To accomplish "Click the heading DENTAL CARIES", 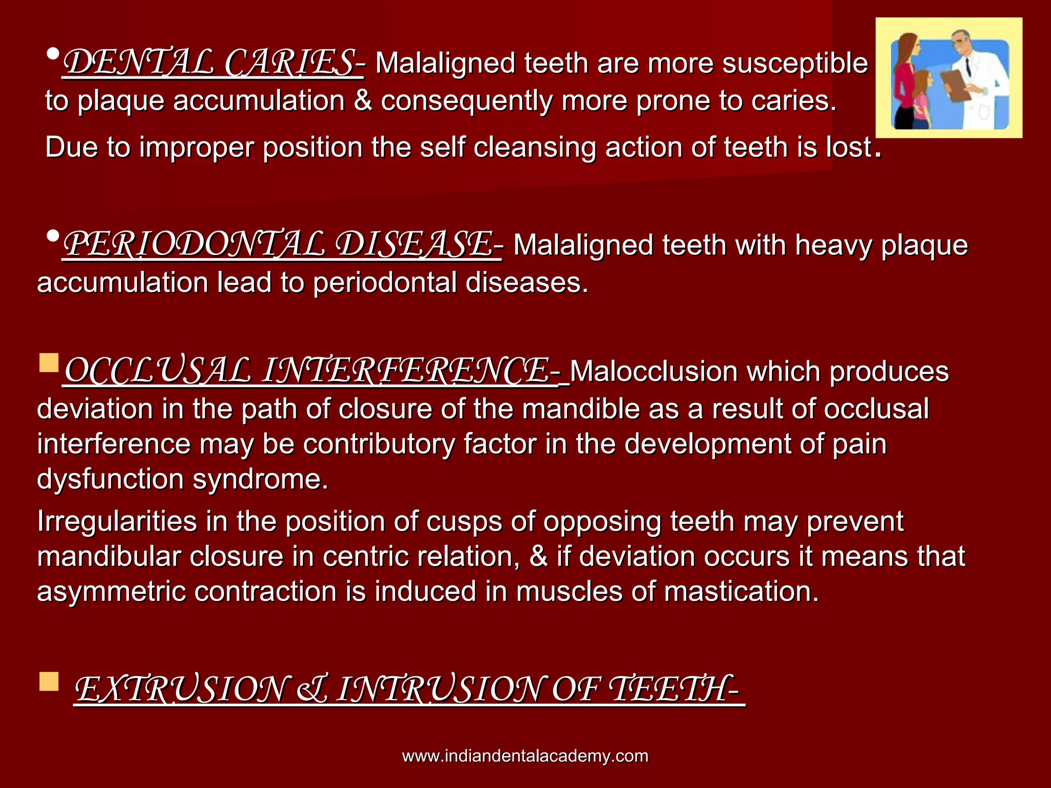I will pyautogui.click(x=212, y=63).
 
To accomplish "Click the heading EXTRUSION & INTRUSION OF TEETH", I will pyautogui.click(x=408, y=688).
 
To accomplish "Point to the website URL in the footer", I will pyautogui.click(x=525, y=756).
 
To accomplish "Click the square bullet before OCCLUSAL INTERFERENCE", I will pyautogui.click(x=49, y=362).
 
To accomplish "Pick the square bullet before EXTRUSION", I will pyautogui.click(x=49, y=682).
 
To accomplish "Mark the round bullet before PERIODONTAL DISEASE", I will pyautogui.click(x=53, y=236).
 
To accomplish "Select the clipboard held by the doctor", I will pyautogui.click(x=956, y=85).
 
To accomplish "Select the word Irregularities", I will pyautogui.click(x=117, y=522).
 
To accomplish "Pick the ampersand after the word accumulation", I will pyautogui.click(x=363, y=101).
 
